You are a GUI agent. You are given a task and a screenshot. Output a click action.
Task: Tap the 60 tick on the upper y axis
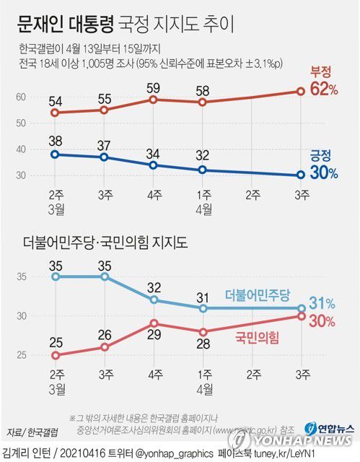point(22,97)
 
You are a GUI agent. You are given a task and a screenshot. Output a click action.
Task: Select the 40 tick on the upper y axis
point(22,149)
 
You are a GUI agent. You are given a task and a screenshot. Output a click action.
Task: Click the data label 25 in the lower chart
point(56,341)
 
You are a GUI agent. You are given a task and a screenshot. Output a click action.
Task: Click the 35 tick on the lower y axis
point(22,276)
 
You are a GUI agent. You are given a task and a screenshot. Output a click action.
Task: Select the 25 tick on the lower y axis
point(22,355)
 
